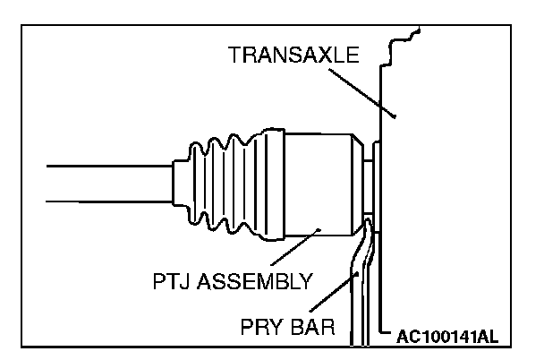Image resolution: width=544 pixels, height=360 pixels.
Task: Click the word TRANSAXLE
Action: (x=293, y=56)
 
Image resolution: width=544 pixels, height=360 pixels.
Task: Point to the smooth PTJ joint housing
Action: (x=313, y=184)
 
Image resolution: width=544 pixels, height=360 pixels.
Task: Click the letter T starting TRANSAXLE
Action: (x=234, y=56)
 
